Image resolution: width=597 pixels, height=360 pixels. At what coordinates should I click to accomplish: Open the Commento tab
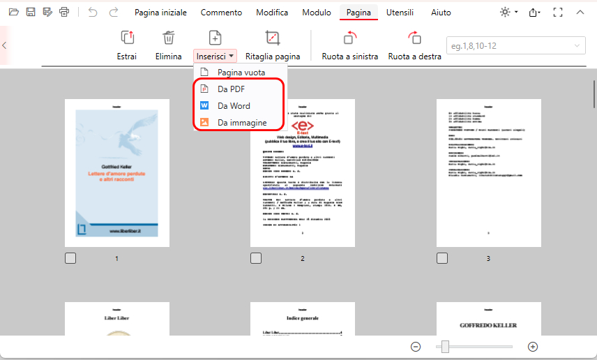(221, 13)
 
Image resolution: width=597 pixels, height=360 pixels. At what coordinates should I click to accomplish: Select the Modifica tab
(272, 13)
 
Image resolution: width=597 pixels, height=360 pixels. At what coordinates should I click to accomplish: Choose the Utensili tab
(400, 13)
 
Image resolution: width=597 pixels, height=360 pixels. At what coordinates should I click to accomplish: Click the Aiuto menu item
(441, 13)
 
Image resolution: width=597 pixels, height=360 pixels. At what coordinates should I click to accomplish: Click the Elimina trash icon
(169, 38)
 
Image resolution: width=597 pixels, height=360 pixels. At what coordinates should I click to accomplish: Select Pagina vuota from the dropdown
(240, 72)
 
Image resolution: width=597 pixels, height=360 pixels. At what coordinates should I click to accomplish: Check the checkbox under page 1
(70, 258)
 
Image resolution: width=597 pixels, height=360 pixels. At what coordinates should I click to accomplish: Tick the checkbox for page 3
(442, 258)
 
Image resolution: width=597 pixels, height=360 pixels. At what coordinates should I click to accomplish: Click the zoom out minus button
(416, 347)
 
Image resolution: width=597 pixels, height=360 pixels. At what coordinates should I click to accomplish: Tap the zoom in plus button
(533, 347)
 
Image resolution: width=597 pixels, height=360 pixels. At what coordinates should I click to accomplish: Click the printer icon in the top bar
(64, 13)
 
